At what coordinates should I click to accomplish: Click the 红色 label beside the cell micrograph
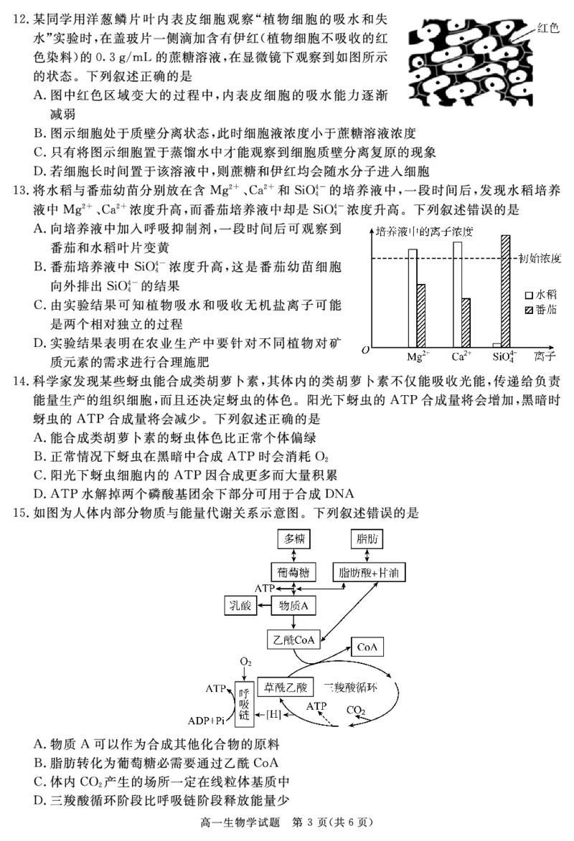point(548,28)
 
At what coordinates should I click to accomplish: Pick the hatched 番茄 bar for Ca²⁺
point(466,322)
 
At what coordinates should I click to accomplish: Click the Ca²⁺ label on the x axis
point(461,356)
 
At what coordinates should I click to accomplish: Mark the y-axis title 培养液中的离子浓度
point(417,231)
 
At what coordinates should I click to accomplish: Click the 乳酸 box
point(242,606)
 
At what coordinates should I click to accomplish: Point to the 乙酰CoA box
point(293,640)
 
